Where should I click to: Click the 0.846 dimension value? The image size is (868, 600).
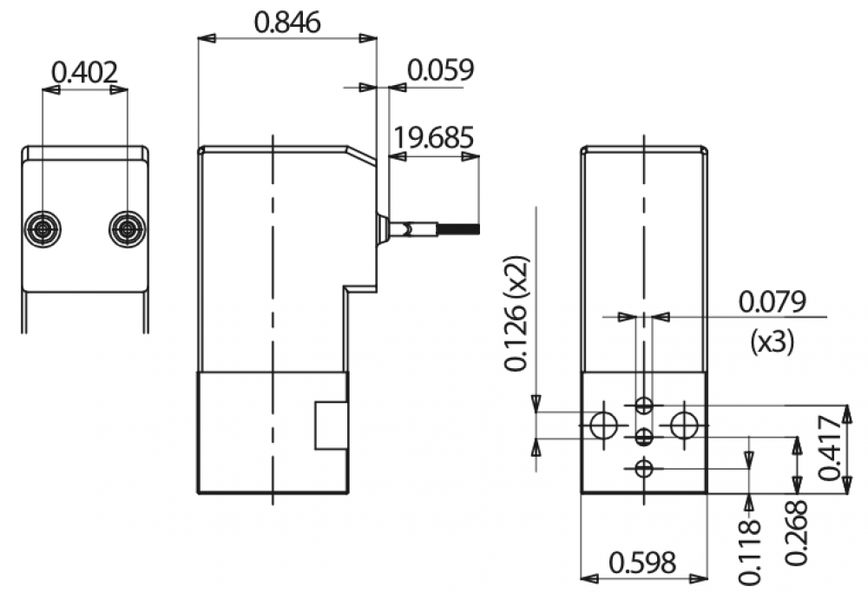pyautogui.click(x=287, y=23)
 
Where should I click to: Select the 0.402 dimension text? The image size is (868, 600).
pyautogui.click(x=85, y=73)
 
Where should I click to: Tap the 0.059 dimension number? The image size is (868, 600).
pyautogui.click(x=441, y=69)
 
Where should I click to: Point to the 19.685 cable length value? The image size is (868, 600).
pyautogui.click(x=433, y=137)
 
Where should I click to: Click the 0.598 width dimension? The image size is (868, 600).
pyautogui.click(x=642, y=563)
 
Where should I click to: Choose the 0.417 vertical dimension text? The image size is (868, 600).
pyautogui.click(x=830, y=448)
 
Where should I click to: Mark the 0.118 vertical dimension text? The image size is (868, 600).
pyautogui.click(x=750, y=552)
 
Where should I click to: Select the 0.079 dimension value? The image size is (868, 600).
pyautogui.click(x=773, y=302)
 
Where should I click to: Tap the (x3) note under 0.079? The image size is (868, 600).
pyautogui.click(x=773, y=341)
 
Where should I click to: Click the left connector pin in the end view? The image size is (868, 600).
pyautogui.click(x=43, y=228)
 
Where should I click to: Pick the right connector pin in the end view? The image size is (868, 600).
pyautogui.click(x=128, y=228)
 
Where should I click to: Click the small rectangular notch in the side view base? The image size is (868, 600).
pyautogui.click(x=331, y=425)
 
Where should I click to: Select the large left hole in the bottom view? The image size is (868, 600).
pyautogui.click(x=604, y=425)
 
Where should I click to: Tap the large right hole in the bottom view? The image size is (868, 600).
pyautogui.click(x=684, y=425)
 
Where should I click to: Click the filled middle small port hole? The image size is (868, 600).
pyautogui.click(x=644, y=438)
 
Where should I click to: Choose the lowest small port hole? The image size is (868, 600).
pyautogui.click(x=644, y=469)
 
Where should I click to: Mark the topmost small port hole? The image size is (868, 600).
pyautogui.click(x=644, y=405)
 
